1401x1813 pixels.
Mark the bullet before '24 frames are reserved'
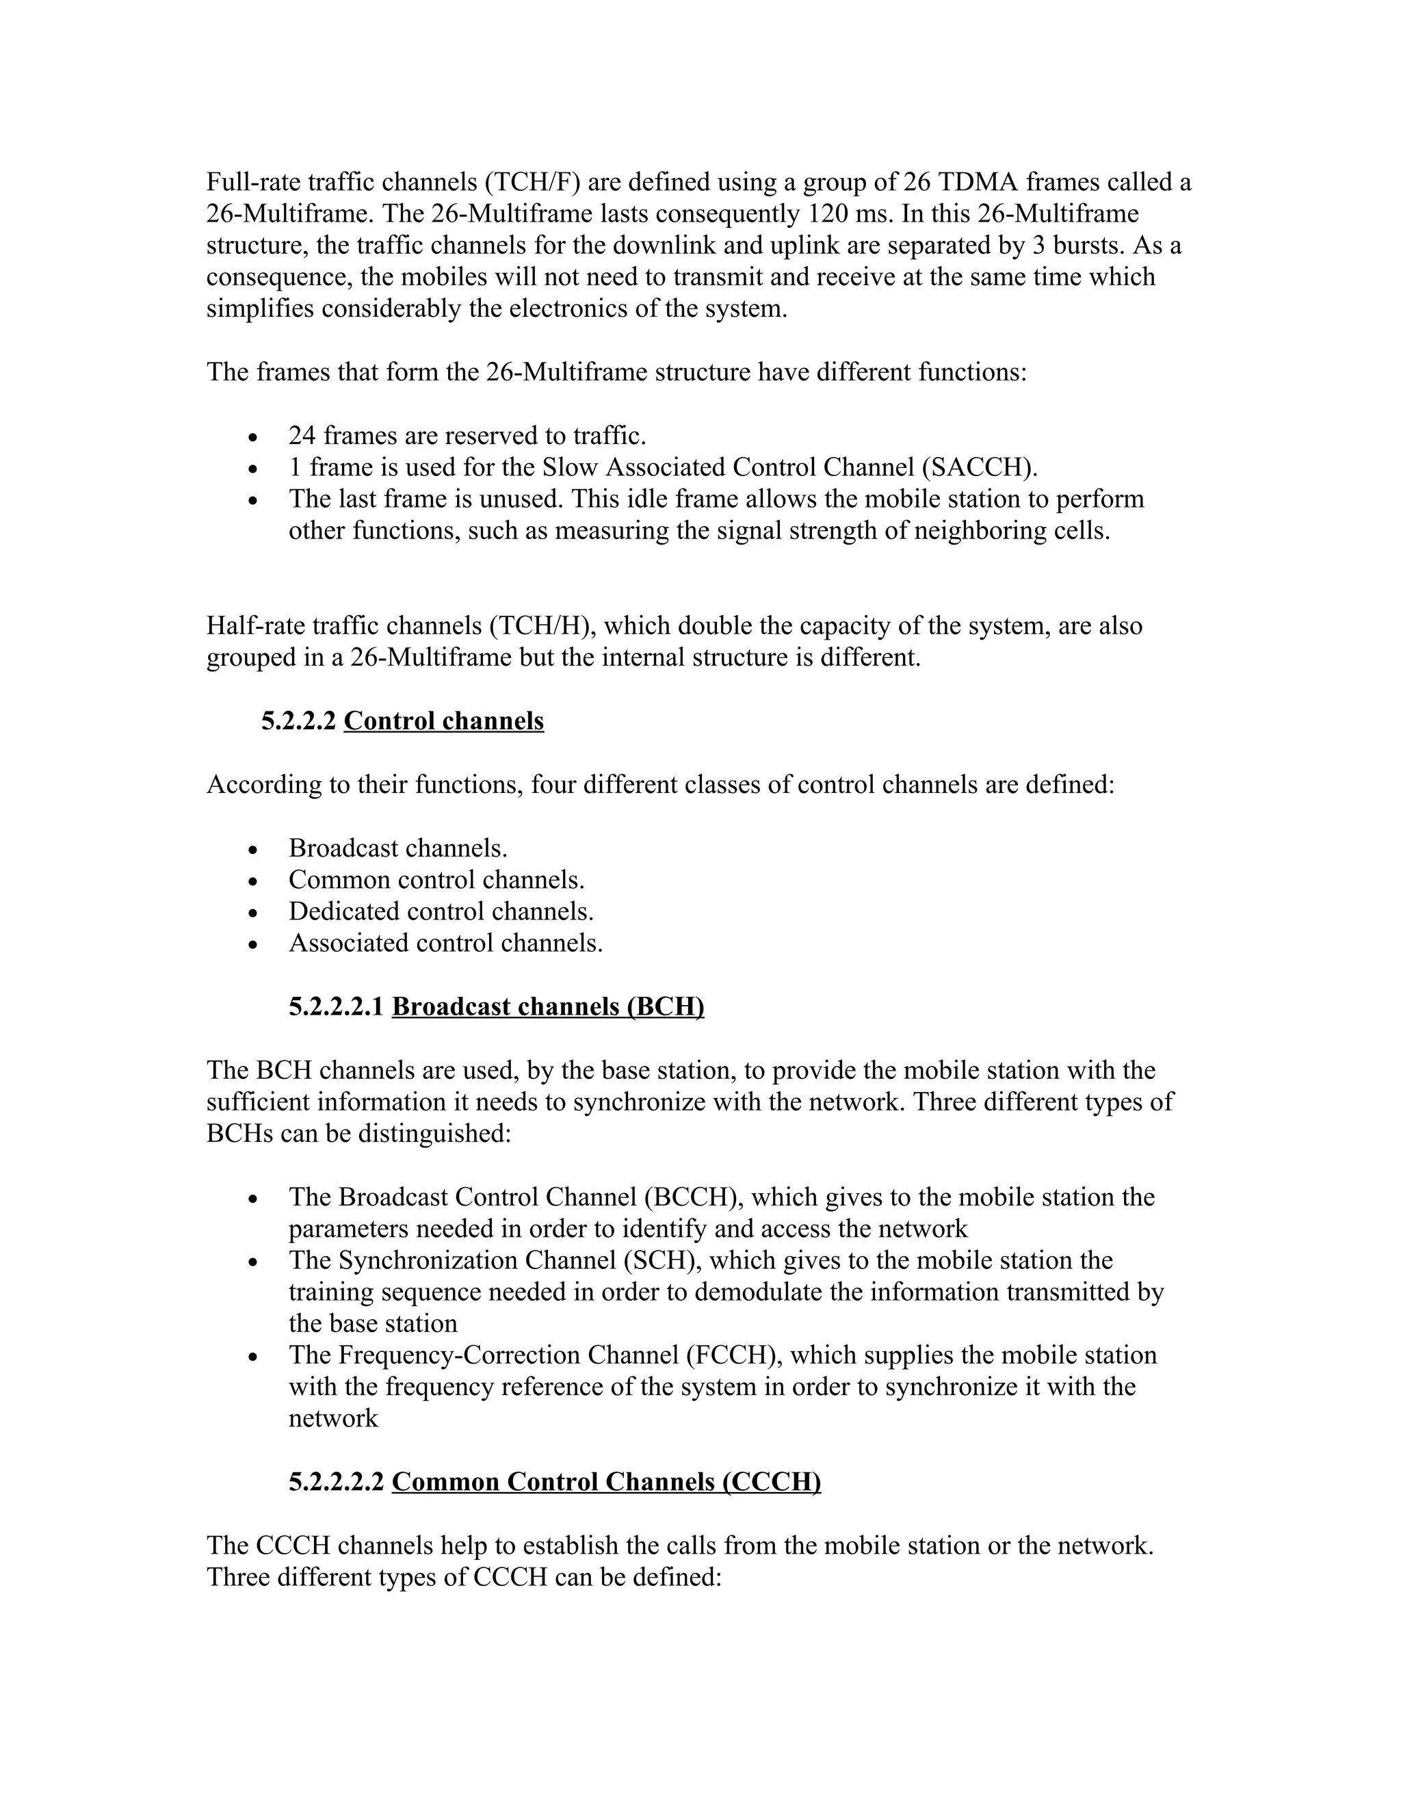point(254,436)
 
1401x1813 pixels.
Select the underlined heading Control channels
point(444,720)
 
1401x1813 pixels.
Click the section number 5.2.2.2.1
point(336,1006)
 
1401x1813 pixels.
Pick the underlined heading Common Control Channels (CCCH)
point(606,1481)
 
